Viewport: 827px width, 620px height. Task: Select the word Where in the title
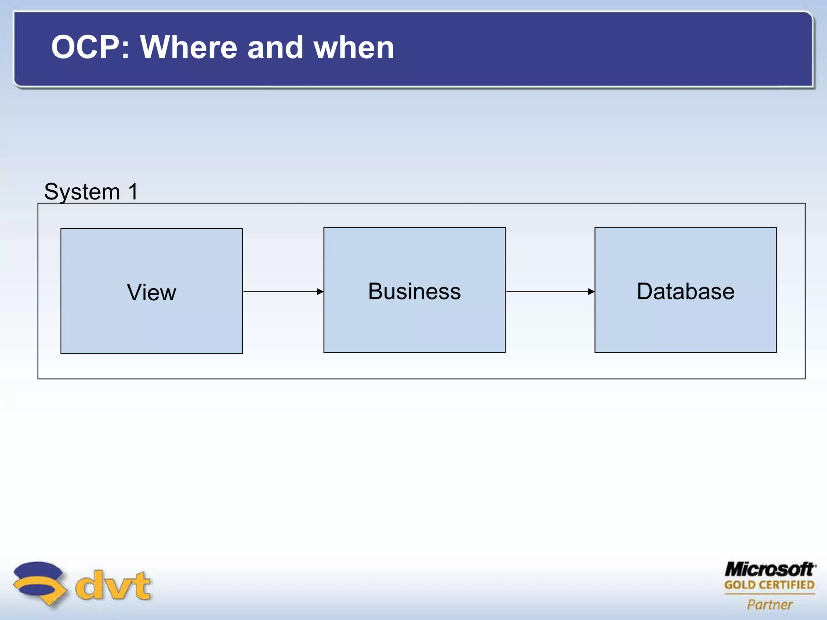pos(189,48)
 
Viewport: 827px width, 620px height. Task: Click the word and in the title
pos(275,48)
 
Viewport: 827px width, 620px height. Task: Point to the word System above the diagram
pos(82,192)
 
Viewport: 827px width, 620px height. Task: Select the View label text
pos(151,292)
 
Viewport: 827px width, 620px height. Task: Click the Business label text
pos(414,291)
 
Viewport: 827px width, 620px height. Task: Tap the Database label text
pos(685,291)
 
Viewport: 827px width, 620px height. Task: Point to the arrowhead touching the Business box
pos(320,291)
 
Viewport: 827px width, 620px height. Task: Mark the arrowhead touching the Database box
pos(591,291)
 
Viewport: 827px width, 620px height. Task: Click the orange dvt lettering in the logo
pos(113,585)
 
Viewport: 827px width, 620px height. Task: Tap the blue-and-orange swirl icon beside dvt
pos(39,583)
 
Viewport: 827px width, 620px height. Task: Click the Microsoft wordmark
pos(769,570)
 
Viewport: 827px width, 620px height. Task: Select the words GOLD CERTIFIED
pos(769,585)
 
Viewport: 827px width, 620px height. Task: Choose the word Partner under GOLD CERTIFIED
pos(770,604)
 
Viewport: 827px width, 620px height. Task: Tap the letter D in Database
pos(645,291)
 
